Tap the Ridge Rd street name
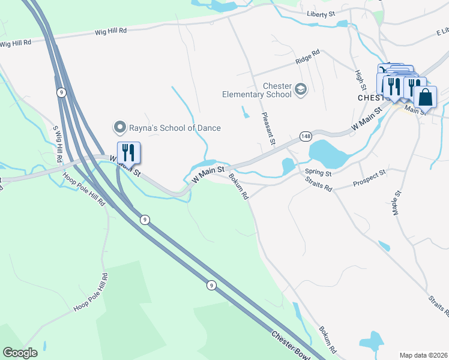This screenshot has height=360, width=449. click(307, 61)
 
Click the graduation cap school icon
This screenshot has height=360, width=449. click(301, 90)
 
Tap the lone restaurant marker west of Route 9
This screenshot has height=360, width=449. click(128, 152)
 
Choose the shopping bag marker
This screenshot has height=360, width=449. click(425, 97)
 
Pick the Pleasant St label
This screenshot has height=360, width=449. click(268, 128)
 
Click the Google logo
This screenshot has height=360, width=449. click(20, 353)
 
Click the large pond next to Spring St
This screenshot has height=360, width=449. click(329, 154)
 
